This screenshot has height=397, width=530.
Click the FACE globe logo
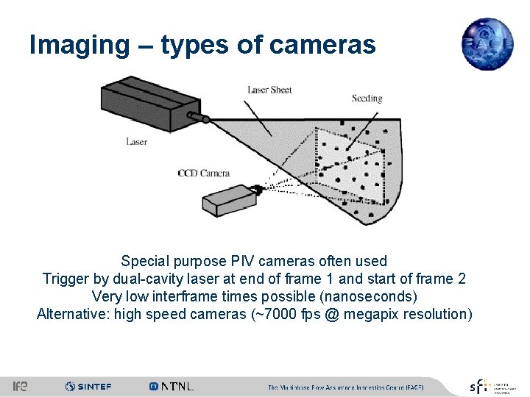487,44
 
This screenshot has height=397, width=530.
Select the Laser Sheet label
269,90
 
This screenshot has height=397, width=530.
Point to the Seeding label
367,98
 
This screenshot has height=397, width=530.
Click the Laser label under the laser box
136,141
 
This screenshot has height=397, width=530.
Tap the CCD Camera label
204,174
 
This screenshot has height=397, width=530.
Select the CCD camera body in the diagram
229,199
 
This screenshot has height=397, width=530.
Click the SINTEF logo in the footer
88,386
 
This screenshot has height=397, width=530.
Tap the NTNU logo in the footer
172,386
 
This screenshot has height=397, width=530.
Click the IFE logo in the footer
20,386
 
